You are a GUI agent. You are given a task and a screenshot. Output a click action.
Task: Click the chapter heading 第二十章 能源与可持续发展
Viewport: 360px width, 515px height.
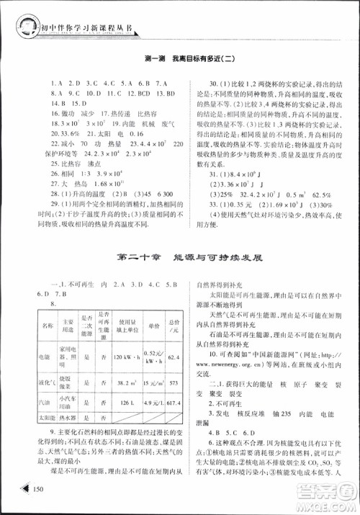(x=181, y=256)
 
